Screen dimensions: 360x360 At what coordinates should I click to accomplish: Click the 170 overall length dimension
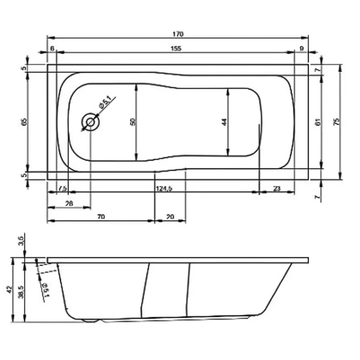(178, 34)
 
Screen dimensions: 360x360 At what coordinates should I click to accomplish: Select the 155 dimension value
(176, 49)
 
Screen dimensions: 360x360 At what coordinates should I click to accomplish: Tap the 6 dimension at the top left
(52, 49)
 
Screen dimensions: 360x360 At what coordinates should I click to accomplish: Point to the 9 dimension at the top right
(301, 49)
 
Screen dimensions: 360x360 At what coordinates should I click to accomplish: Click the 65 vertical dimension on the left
(25, 121)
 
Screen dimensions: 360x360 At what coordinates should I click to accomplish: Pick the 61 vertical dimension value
(318, 121)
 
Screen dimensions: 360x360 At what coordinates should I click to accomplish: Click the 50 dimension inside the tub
(132, 121)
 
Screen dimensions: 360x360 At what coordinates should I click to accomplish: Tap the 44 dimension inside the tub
(224, 121)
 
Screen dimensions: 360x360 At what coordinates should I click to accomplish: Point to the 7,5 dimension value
(63, 188)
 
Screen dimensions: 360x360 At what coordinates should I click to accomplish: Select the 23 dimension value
(276, 188)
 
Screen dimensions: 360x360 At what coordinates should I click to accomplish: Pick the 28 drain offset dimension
(69, 204)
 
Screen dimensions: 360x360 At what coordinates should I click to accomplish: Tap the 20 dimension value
(170, 217)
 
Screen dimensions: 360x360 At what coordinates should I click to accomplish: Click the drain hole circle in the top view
(90, 121)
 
